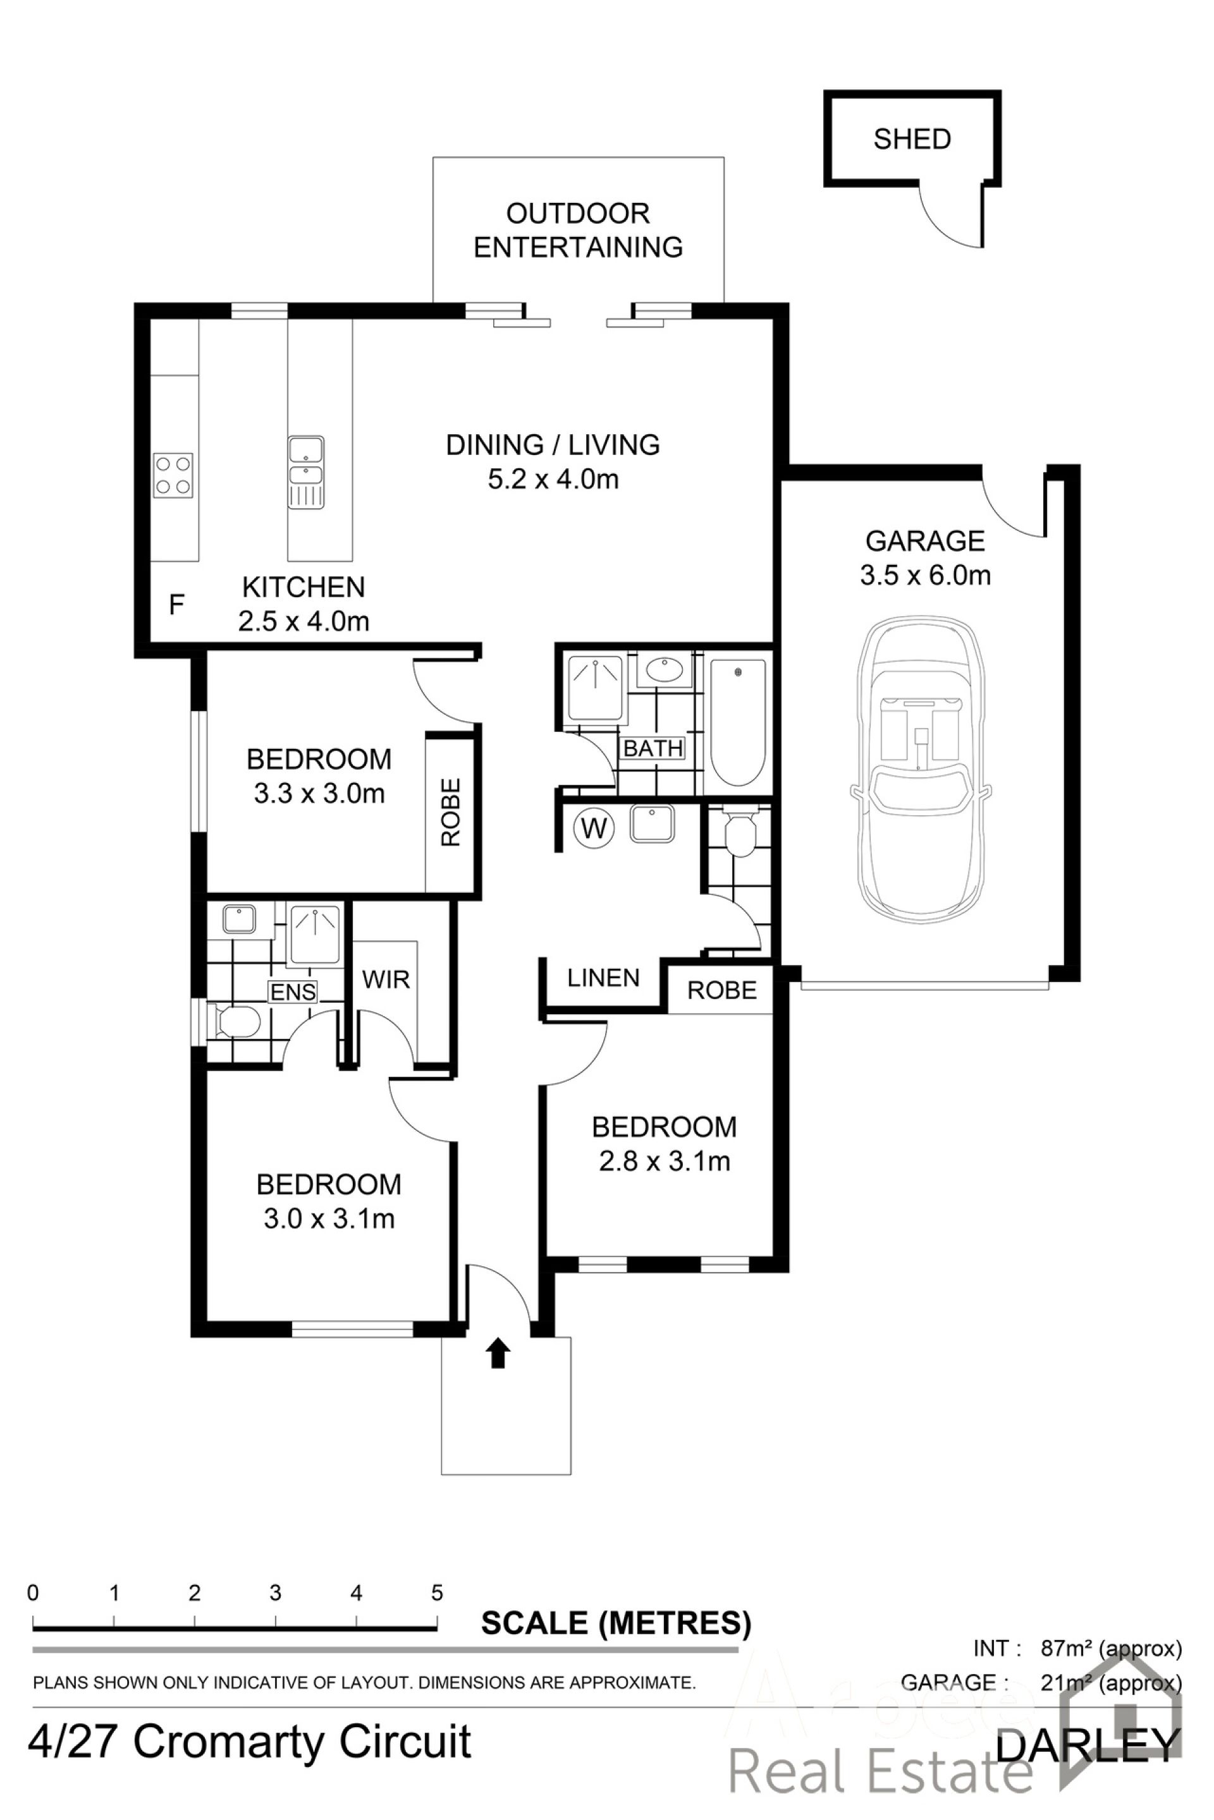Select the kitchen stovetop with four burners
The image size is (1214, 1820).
coord(173,475)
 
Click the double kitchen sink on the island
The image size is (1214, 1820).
coord(306,472)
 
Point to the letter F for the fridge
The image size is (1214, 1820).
coord(176,604)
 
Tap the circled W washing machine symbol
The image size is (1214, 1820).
coord(594,828)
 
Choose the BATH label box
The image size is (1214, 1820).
coord(653,748)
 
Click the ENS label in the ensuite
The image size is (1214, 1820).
coord(293,992)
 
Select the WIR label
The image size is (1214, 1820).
coord(386,980)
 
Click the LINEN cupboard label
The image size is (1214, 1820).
coord(603,978)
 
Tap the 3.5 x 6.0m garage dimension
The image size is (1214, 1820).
coord(925,575)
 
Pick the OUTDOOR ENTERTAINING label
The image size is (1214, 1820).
coord(579,230)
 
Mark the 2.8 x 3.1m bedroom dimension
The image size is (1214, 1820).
coord(665,1162)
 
